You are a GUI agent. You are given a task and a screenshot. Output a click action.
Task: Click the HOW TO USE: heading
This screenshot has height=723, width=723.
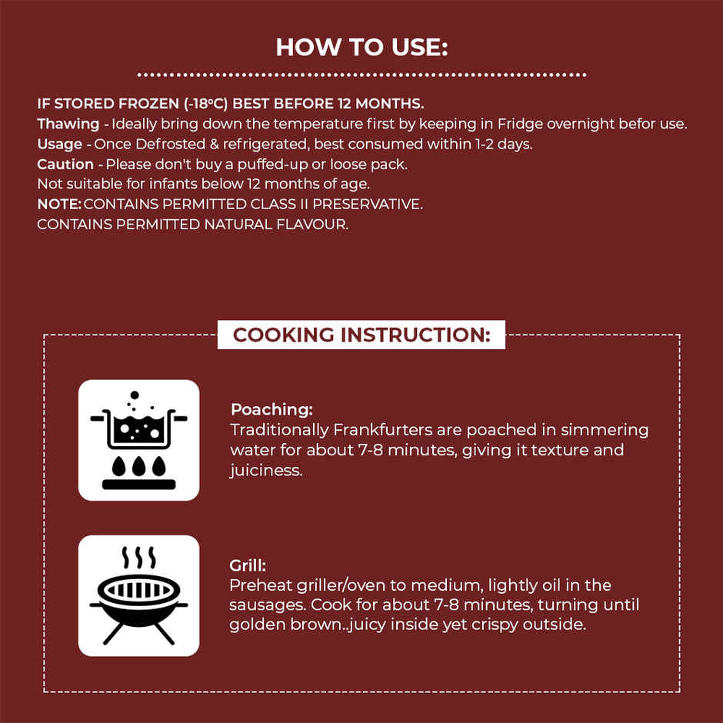pos(361,47)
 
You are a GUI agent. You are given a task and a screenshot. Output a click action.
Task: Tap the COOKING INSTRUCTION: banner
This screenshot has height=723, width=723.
pos(361,335)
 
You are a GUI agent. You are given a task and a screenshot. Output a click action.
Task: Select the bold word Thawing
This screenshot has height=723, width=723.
pos(68,124)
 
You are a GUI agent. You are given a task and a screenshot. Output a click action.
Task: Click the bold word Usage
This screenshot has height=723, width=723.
pos(59,144)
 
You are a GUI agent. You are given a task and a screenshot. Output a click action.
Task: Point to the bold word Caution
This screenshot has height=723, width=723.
pos(65,164)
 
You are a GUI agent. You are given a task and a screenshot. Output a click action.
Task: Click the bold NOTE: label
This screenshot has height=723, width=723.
pos(59,204)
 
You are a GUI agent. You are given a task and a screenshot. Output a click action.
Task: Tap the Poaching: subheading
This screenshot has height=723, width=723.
pos(272,409)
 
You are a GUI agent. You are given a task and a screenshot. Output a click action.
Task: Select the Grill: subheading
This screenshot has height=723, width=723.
pos(248,565)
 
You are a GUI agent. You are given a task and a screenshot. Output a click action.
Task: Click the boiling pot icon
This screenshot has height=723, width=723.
pos(138,440)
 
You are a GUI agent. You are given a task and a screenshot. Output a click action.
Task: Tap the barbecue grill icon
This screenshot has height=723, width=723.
pos(138,596)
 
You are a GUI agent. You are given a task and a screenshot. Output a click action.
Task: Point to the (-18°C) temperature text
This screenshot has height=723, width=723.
pos(205,104)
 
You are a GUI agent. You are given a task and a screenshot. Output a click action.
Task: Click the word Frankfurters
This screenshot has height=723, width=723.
pos(383,430)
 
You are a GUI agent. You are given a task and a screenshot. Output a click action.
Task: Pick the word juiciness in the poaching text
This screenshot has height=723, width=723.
pos(266,470)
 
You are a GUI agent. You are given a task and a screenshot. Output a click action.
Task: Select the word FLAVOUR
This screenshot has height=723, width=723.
pos(312,224)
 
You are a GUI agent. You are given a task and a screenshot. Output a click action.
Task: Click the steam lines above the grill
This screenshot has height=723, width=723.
pos(138,558)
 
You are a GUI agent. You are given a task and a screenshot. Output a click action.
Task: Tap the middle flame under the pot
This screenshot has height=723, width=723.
pos(138,466)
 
